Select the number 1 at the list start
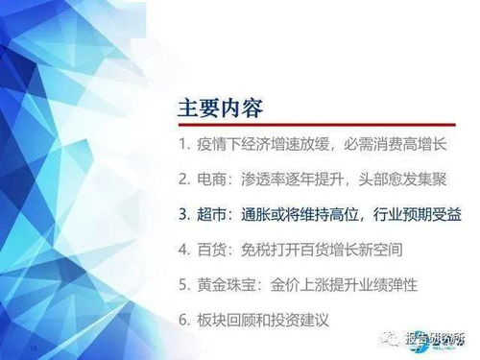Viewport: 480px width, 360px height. point(181,149)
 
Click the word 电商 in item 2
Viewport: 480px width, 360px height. point(213,178)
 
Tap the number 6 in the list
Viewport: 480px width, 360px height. point(182,319)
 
